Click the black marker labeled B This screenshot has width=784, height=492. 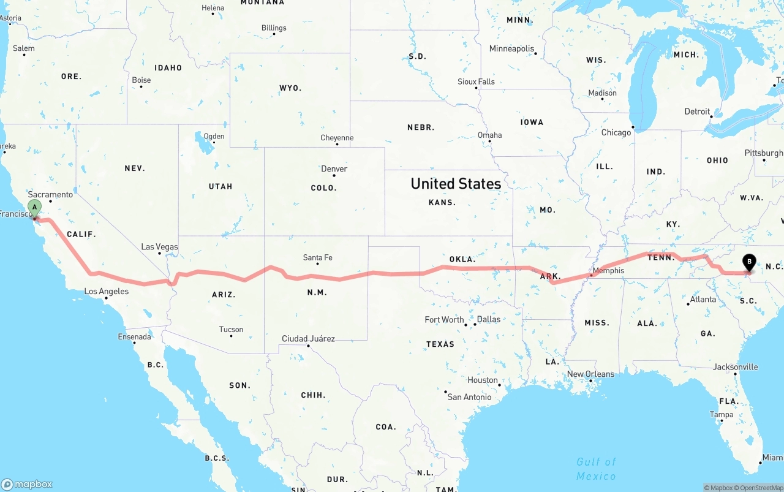748,262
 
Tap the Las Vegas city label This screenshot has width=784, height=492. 159,247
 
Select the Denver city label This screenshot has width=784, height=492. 334,168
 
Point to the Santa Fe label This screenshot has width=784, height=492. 317,257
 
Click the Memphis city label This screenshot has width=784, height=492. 608,270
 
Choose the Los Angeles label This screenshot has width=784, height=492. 107,291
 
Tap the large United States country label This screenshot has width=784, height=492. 456,183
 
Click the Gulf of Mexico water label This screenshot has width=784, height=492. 596,469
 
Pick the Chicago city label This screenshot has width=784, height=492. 616,132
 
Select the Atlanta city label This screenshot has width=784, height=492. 703,299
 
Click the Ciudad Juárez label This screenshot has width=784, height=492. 308,338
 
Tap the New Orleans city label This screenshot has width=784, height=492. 590,374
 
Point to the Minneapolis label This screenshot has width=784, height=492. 511,48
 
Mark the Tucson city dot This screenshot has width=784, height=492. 232,336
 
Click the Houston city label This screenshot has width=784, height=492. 483,380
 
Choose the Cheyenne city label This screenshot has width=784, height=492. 337,138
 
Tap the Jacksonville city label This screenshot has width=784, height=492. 735,367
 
